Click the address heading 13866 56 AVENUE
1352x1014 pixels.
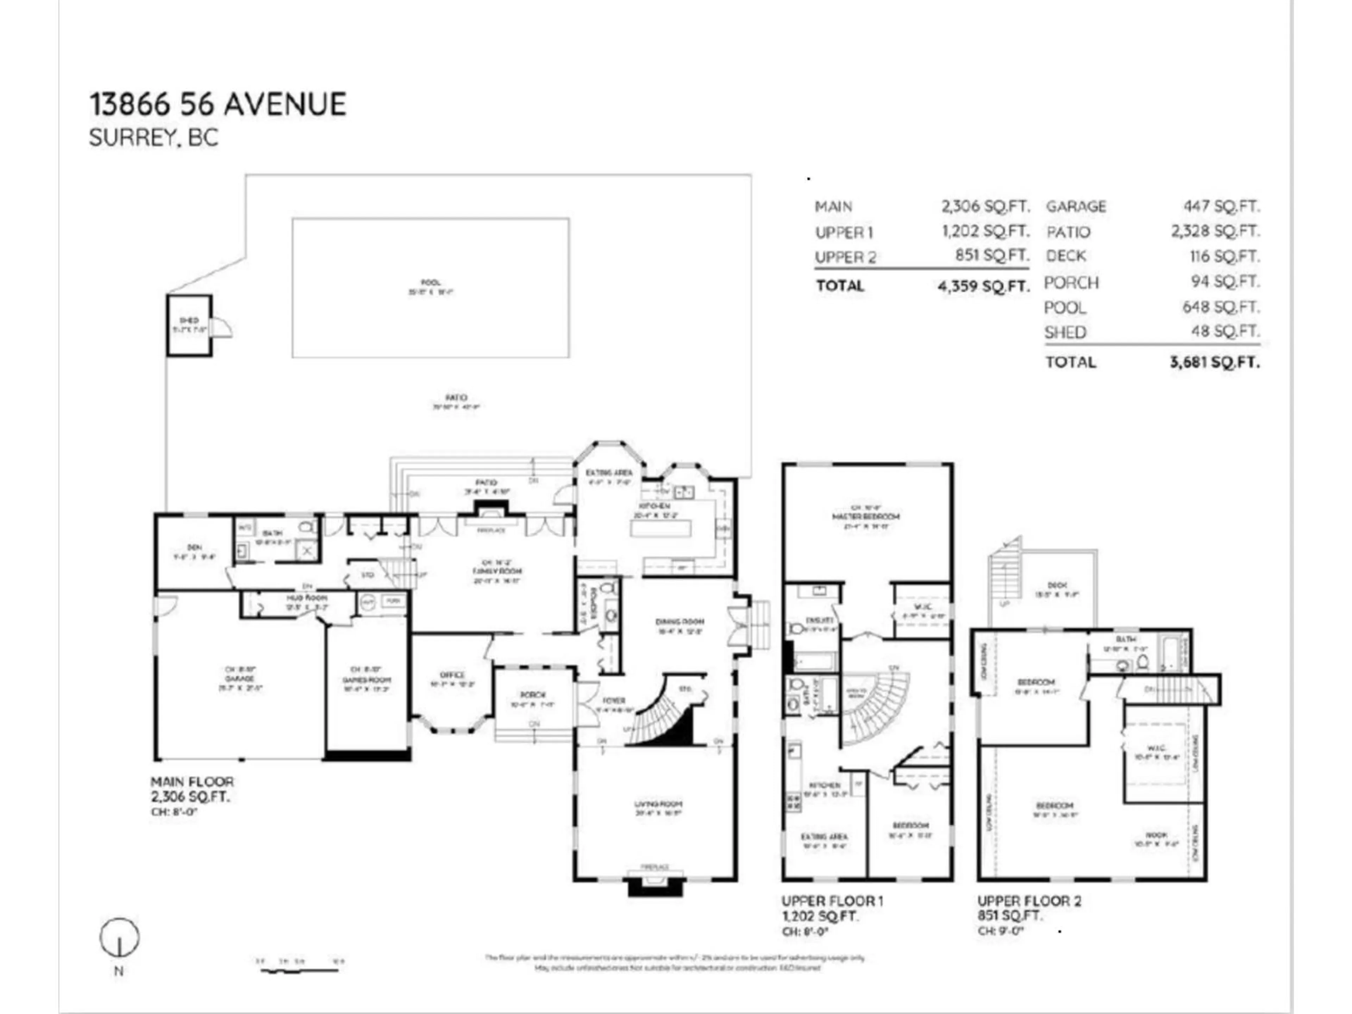click(218, 105)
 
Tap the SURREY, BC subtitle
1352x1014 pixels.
click(154, 138)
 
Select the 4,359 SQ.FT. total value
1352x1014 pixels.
click(983, 286)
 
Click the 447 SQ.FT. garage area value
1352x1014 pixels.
click(1221, 207)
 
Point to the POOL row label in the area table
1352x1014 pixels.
click(1065, 307)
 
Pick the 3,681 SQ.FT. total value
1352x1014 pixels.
click(1214, 362)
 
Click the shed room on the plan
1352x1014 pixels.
click(189, 325)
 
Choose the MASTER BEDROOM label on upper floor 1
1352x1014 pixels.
click(865, 517)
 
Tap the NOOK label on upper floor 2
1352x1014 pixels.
click(1156, 835)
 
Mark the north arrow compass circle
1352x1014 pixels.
click(120, 937)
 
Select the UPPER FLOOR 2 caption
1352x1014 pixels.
click(1029, 901)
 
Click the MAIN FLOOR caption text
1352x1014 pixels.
click(192, 782)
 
